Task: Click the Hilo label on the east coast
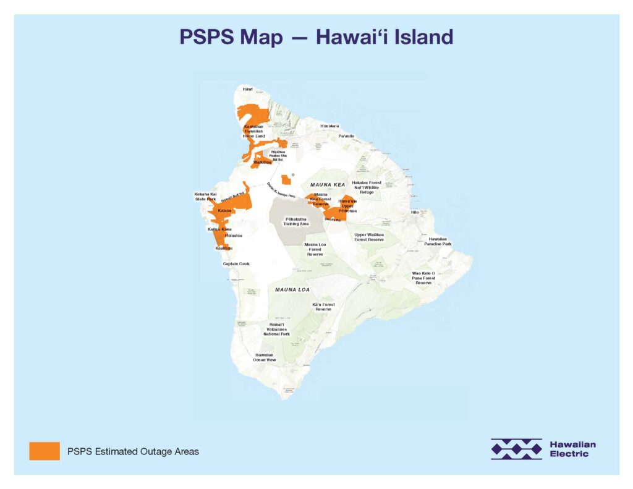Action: click(x=415, y=212)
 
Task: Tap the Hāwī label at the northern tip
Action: click(x=248, y=90)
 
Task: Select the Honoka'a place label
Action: click(x=329, y=126)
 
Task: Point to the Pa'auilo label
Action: click(x=346, y=135)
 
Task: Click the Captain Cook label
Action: click(x=236, y=263)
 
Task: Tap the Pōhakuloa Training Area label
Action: click(x=296, y=221)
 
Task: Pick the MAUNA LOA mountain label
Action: click(x=292, y=289)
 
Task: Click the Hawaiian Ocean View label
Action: click(x=264, y=357)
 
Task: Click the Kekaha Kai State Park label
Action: click(x=206, y=197)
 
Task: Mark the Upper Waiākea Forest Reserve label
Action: click(x=369, y=237)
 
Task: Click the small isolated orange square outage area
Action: click(x=286, y=180)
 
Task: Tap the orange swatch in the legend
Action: click(x=45, y=451)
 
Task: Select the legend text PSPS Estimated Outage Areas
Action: click(x=133, y=452)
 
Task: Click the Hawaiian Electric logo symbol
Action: click(x=516, y=449)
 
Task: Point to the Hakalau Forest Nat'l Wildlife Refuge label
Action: click(x=367, y=187)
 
